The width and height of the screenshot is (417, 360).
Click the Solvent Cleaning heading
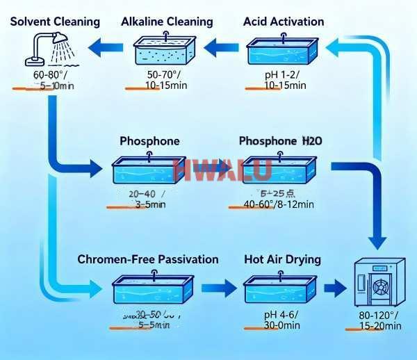coord(56,22)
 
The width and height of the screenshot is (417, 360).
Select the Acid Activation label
coord(284,22)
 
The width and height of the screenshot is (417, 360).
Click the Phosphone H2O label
coord(280,141)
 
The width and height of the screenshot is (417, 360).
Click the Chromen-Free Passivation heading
coord(148,259)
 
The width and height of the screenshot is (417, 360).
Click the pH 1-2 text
coord(282,74)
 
